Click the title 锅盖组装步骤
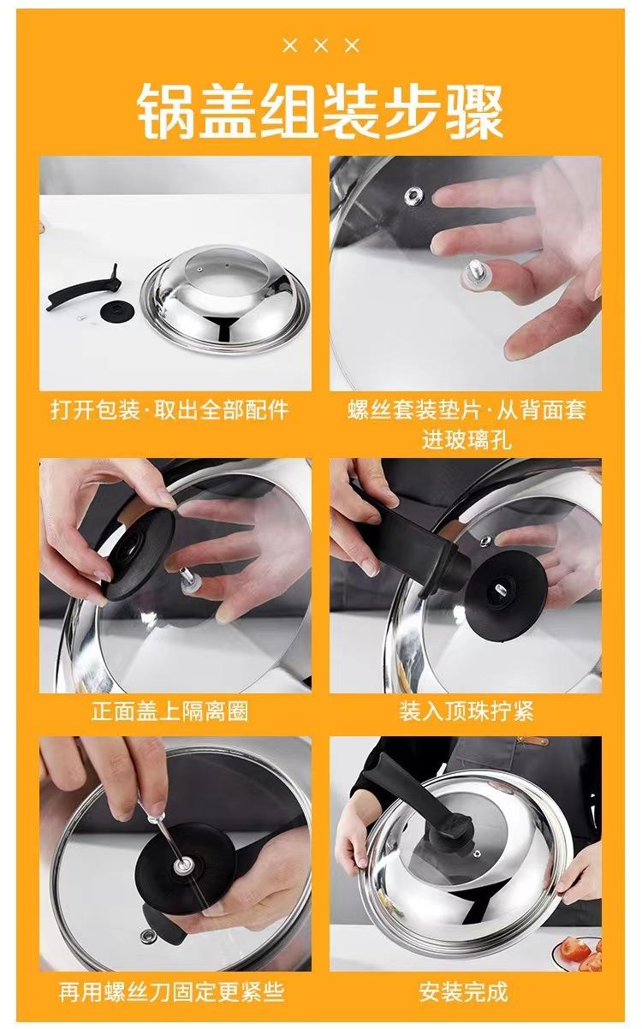320,111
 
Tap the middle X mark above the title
322,45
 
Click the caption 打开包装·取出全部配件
169,410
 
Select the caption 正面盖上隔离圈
169,711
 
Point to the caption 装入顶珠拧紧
467,711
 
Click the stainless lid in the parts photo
225,300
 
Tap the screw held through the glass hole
477,274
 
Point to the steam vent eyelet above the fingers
414,196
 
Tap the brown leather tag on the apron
532,753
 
